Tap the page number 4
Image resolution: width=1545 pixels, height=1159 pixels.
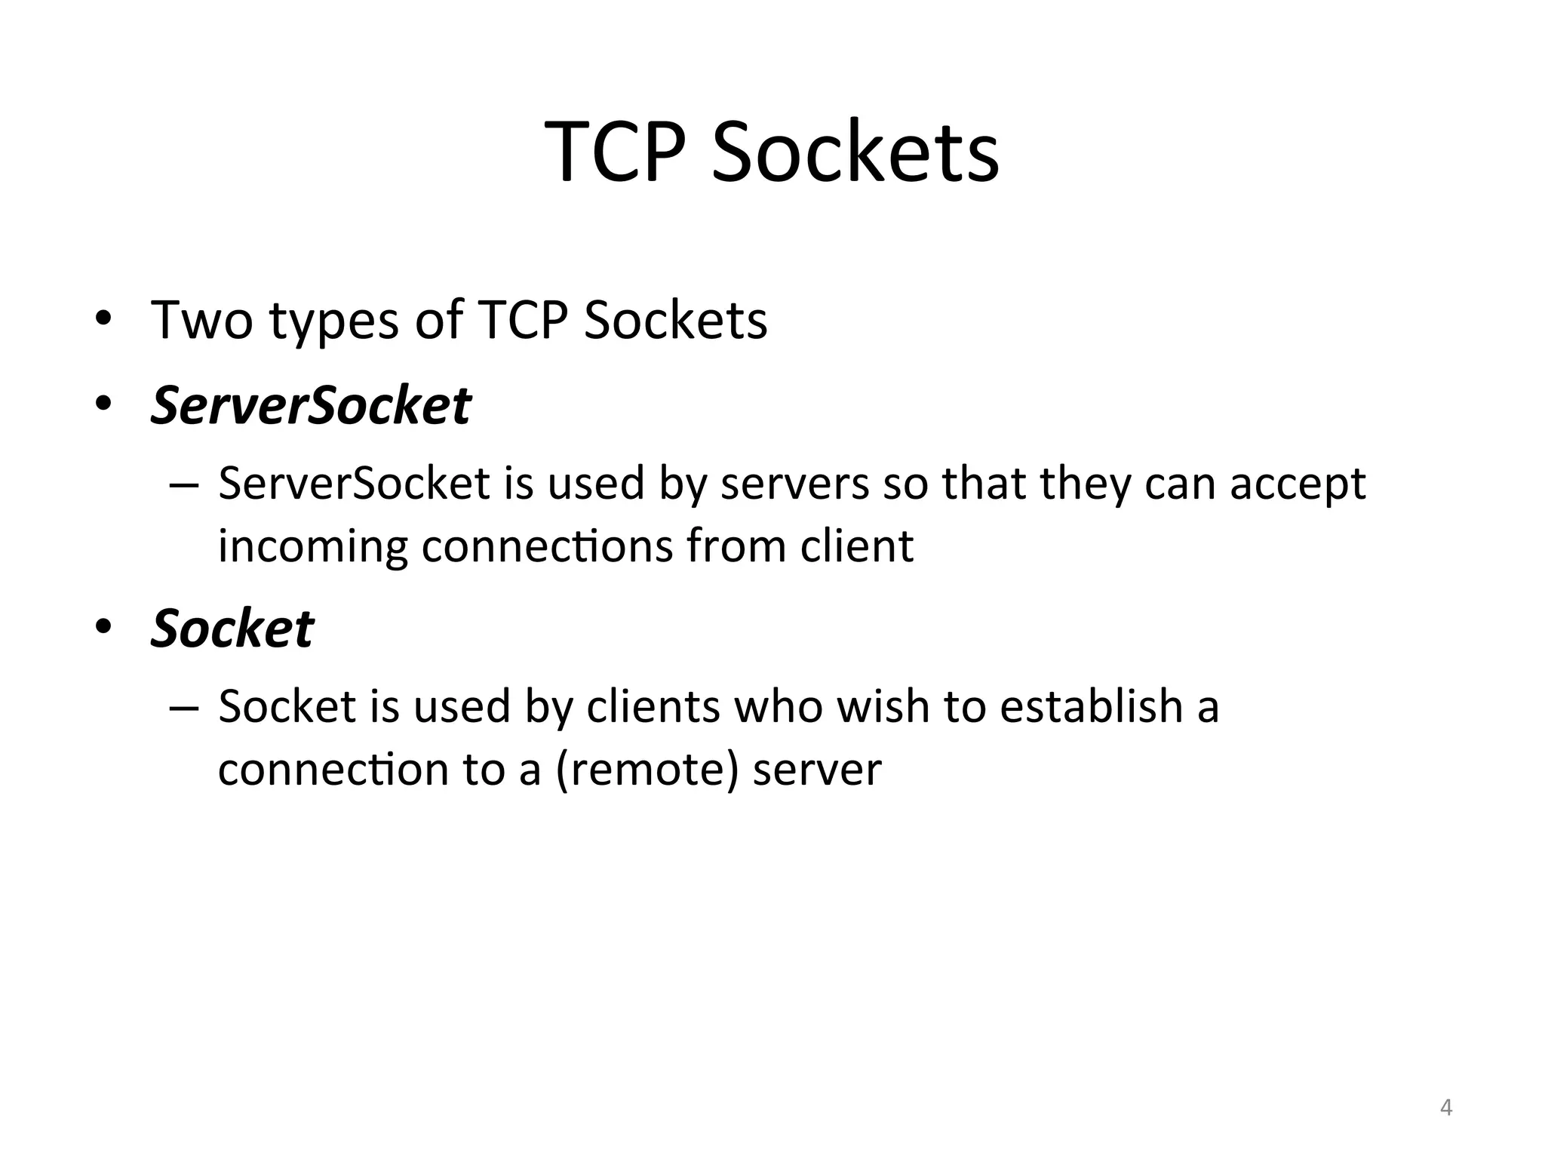tap(1445, 1108)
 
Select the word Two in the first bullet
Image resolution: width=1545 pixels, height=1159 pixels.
tap(201, 320)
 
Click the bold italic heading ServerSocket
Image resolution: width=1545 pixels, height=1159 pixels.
tap(311, 405)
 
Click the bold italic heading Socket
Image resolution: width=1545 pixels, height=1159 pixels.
tap(232, 628)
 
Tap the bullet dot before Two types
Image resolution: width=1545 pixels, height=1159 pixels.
tap(103, 318)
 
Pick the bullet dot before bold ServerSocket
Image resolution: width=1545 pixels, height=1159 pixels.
tap(103, 404)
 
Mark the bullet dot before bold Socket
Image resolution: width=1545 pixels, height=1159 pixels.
tap(103, 626)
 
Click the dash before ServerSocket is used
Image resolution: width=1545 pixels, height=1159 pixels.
tap(185, 484)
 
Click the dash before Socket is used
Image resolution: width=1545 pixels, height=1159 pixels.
tap(185, 708)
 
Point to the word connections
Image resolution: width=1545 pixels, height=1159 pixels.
tap(546, 546)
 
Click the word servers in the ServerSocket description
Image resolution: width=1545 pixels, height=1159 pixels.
tap(794, 484)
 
